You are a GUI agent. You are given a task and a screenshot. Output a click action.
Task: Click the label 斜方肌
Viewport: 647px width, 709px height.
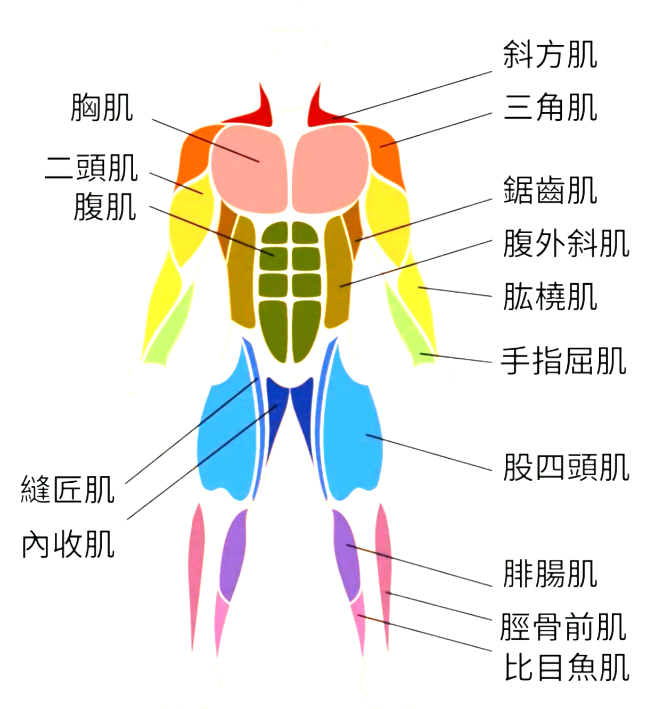coord(550,54)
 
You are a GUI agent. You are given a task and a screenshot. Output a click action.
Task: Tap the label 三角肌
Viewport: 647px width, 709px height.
coord(550,107)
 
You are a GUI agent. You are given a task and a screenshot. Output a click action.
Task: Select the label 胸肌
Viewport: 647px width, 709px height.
coord(102,108)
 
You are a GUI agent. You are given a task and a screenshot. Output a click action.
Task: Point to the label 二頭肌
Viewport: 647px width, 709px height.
coord(91,168)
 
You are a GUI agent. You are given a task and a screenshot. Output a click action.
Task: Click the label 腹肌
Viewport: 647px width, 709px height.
coord(105,207)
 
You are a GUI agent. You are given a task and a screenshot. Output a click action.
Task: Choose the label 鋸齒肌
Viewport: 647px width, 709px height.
coord(550,190)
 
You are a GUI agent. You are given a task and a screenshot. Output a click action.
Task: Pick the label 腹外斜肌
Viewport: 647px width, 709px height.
coord(566,243)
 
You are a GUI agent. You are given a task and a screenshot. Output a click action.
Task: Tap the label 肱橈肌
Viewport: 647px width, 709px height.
coord(550,296)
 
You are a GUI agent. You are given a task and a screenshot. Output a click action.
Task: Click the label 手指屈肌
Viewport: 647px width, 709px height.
coord(563,361)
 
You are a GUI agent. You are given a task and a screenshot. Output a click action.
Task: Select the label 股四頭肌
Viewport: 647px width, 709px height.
coord(566,467)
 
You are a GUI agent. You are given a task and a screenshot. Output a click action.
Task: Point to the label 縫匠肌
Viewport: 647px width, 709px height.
coord(68,489)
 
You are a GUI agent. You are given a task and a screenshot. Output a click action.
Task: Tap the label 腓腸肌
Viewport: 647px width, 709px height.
coord(550,574)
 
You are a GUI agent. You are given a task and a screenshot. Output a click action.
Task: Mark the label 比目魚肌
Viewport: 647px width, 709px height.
coord(566,667)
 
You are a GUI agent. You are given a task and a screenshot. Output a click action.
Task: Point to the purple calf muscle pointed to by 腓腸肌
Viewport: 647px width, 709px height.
coord(346,554)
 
